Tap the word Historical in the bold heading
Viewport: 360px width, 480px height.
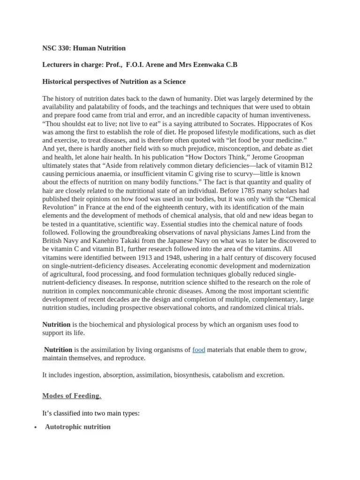pos(58,82)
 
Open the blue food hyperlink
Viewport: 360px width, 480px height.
pos(199,350)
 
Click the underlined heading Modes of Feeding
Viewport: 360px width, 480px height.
pos(71,396)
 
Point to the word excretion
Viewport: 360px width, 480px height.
pos(268,375)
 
